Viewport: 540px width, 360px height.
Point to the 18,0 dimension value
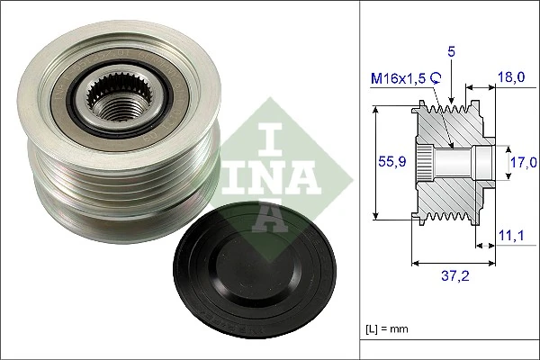pyautogui.click(x=512, y=79)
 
